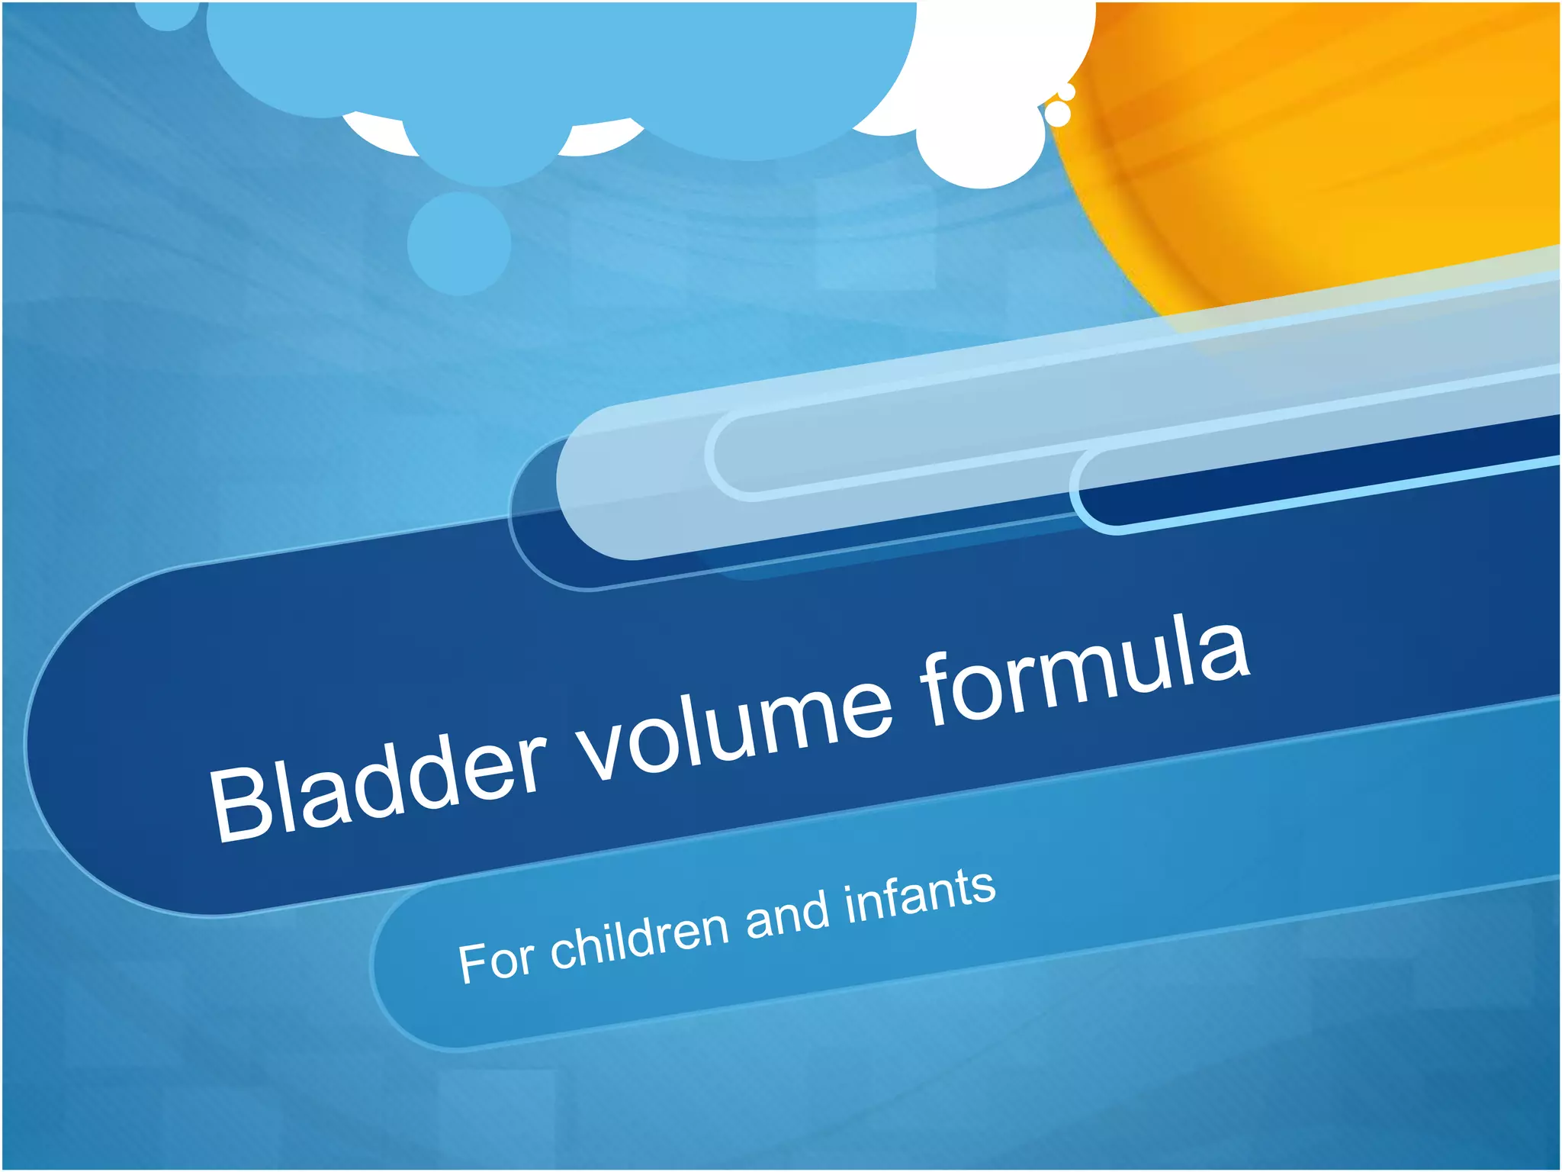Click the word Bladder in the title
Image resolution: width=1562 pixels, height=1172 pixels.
378,786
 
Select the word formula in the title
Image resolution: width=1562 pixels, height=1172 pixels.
1083,671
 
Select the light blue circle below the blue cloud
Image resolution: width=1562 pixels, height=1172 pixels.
459,243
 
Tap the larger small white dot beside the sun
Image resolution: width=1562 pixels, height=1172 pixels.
1058,114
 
